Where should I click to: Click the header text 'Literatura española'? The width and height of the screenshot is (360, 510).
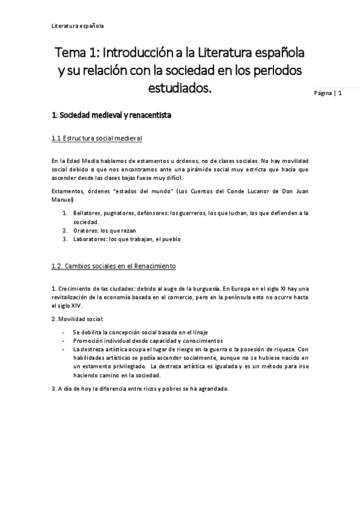78,26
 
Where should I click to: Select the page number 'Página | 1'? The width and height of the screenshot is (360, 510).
328,93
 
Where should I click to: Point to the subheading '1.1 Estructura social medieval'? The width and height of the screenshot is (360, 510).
96,138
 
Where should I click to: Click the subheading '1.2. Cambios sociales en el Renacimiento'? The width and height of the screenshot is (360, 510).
113,266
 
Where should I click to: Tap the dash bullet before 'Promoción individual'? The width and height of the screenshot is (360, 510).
64,341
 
